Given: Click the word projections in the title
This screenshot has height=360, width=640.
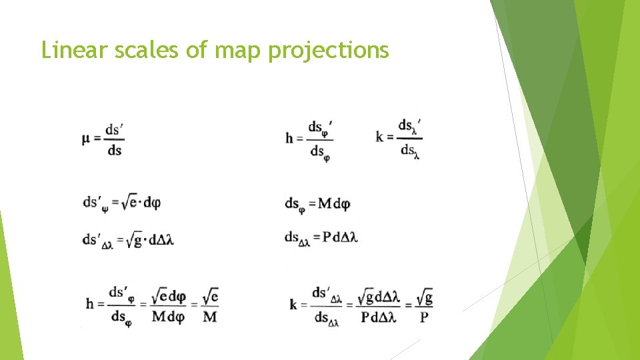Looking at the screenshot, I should tap(328, 51).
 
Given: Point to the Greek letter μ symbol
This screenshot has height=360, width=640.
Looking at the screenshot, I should tap(87, 139).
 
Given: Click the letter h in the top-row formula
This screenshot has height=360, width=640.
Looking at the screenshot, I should tap(289, 139).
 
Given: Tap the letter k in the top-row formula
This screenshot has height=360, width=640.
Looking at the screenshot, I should tap(380, 137).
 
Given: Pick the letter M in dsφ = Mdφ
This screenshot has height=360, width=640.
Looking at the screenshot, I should tap(325, 203).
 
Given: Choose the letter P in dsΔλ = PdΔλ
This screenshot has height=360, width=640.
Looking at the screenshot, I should tap(327, 237).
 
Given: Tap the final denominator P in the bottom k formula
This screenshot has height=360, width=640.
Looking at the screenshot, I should tap(424, 317).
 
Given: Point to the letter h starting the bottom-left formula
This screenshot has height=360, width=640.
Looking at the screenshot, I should tap(90, 304).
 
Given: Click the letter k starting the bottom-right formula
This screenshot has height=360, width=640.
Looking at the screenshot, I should tap(293, 304).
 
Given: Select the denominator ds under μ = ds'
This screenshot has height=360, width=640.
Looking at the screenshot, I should tap(114, 150).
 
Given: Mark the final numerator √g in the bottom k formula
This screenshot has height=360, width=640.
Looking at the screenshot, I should tap(424, 296).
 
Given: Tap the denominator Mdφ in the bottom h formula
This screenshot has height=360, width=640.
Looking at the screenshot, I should tap(167, 316).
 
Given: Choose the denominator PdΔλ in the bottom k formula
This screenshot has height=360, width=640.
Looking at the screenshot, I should tap(379, 317).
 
